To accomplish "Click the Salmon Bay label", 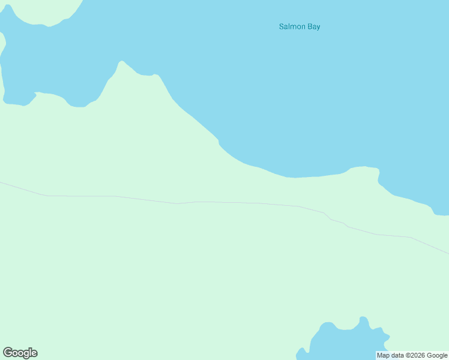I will (300, 26).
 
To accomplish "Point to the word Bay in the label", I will (313, 27).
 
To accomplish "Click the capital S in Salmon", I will (282, 26).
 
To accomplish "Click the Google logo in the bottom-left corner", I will (20, 353).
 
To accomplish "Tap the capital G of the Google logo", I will (7, 353).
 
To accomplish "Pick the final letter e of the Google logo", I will (34, 353).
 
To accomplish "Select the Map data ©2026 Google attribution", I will (412, 355).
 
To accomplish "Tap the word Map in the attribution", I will (383, 355).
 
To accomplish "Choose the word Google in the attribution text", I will (436, 355).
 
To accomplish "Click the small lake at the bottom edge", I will (339, 345).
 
